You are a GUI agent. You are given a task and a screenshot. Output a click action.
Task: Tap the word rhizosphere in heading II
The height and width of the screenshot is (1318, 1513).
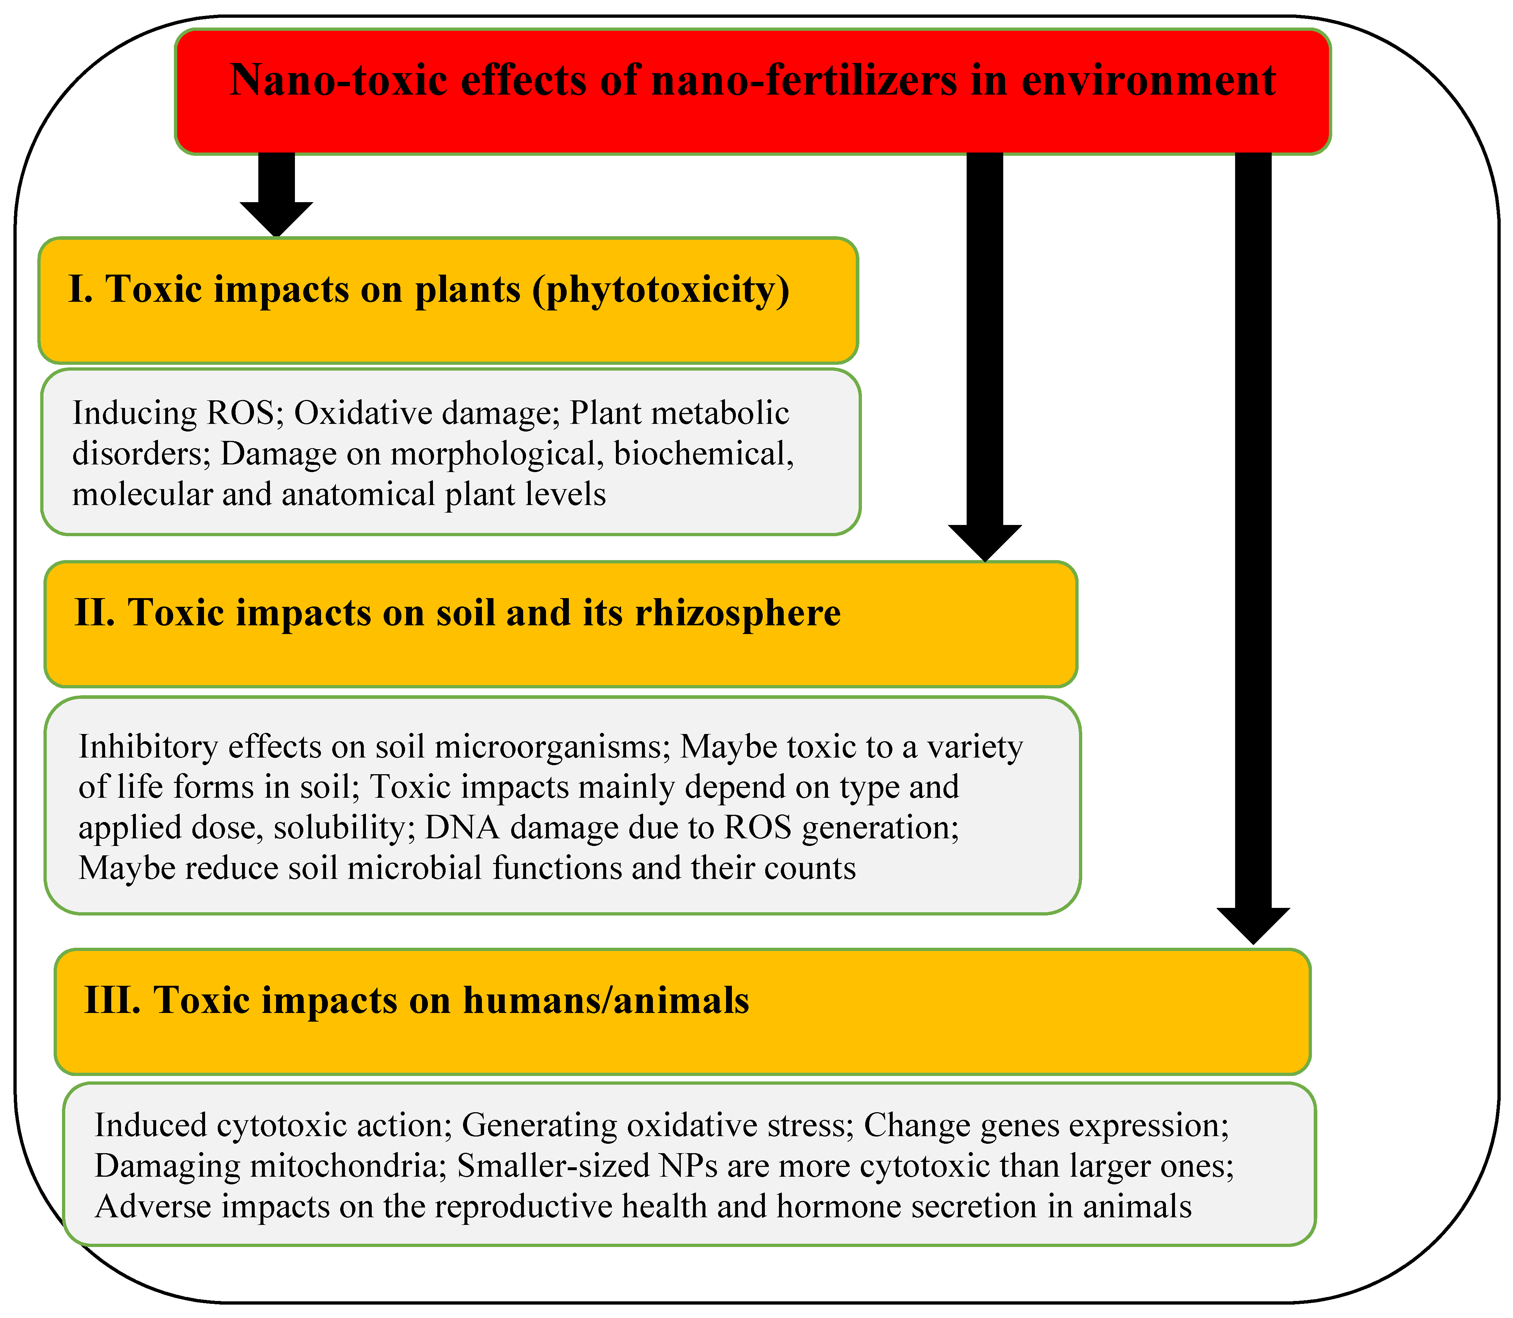click(x=738, y=613)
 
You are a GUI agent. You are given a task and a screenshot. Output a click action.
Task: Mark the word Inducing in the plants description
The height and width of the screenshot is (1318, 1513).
click(x=135, y=413)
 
